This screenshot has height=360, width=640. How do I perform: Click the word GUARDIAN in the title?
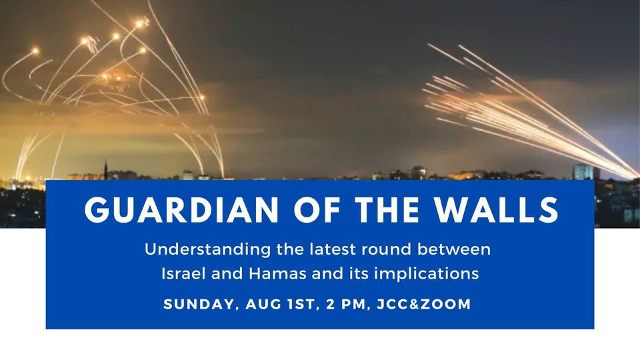pyautogui.click(x=181, y=210)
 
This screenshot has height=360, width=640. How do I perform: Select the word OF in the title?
pyautogui.click(x=317, y=210)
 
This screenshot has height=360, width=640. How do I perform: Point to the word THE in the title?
pyautogui.click(x=387, y=210)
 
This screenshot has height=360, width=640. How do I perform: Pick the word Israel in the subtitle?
pyautogui.click(x=183, y=273)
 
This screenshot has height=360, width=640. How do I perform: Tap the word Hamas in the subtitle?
pyautogui.click(x=277, y=273)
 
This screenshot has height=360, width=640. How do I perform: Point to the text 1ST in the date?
pyautogui.click(x=301, y=305)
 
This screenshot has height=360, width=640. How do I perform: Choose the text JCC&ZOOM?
pyautogui.click(x=424, y=305)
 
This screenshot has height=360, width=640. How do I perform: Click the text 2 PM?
pyautogui.click(x=346, y=305)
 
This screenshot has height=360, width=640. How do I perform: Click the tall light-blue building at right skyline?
pyautogui.click(x=583, y=172)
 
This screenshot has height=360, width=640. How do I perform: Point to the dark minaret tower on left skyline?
pyautogui.click(x=106, y=171)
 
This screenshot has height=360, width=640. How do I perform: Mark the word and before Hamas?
pyautogui.click(x=227, y=273)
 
